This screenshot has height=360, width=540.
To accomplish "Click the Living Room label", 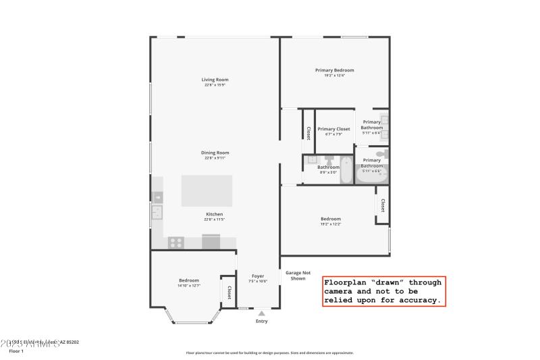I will pyautogui.click(x=215, y=80).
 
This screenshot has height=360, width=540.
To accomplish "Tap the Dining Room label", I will pyautogui.click(x=215, y=153).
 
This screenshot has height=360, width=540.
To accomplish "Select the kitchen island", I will pyautogui.click(x=207, y=190).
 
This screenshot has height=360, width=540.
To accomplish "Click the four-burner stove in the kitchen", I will pyautogui.click(x=176, y=242).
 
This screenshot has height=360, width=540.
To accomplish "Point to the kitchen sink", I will pyautogui.click(x=157, y=213).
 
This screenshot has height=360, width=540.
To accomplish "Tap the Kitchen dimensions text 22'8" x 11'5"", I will pyautogui.click(x=214, y=220).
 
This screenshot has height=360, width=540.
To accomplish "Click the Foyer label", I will pyautogui.click(x=258, y=276).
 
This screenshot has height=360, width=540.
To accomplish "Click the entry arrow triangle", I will pyautogui.click(x=261, y=313).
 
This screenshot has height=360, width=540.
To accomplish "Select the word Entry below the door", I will pyautogui.click(x=261, y=321).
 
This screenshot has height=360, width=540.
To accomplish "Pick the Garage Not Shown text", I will pyautogui.click(x=298, y=276).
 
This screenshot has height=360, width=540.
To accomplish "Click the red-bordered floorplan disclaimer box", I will pyautogui.click(x=383, y=291).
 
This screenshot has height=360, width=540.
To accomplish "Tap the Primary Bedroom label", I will pyautogui.click(x=334, y=70).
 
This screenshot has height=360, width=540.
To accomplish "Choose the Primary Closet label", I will pyautogui.click(x=333, y=129).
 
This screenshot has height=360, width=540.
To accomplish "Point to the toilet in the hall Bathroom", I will pyautogui.click(x=329, y=160).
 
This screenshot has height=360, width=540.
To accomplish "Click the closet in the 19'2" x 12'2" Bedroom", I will pyautogui.click(x=382, y=205).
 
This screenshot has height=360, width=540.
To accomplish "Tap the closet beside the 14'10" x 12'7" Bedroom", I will pyautogui.click(x=229, y=292).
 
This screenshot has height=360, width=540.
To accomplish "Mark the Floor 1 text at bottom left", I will pyautogui.click(x=16, y=351).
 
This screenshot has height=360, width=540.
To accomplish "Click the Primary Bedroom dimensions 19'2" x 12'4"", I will pyautogui.click(x=334, y=75).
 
